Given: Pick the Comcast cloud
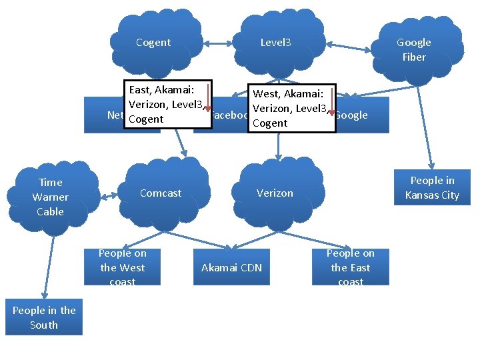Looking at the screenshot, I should [x=161, y=193].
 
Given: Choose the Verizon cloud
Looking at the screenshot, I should [x=275, y=193].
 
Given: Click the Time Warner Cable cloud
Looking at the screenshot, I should [x=51, y=197].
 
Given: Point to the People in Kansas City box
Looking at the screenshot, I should [x=432, y=188].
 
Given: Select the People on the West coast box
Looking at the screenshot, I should [x=123, y=267].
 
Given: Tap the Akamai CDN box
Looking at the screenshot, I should [x=231, y=267].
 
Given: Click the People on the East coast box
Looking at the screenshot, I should [x=351, y=267].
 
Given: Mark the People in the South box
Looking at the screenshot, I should [x=44, y=317].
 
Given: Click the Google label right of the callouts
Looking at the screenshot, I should [x=351, y=115].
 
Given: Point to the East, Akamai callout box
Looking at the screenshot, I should [x=167, y=104].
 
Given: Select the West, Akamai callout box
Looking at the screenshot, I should [x=291, y=108].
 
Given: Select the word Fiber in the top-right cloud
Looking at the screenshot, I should [x=414, y=57].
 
